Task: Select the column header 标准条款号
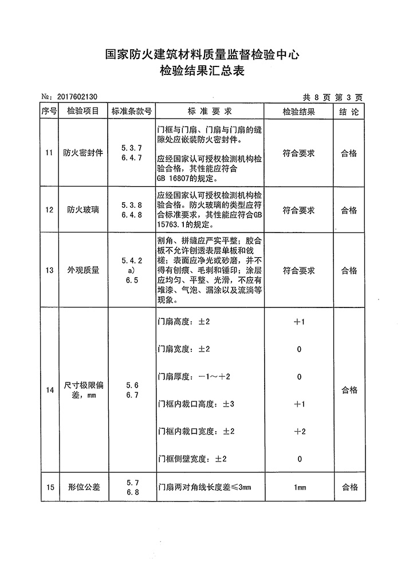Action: [x=131, y=111]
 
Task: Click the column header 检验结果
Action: [x=298, y=111]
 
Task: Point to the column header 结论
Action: [x=349, y=111]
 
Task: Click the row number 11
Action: [x=49, y=153]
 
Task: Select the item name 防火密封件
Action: [x=83, y=153]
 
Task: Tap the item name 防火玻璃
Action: [x=83, y=210]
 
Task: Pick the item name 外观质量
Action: [x=83, y=270]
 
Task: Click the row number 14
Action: [x=49, y=391]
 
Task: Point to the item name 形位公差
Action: [x=83, y=487]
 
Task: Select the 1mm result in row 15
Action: [x=299, y=487]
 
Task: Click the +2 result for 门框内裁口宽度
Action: [x=299, y=431]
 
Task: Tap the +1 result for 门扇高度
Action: [x=299, y=322]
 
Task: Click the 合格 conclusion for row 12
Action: [x=349, y=210]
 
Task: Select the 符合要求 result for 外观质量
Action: [x=298, y=270]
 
